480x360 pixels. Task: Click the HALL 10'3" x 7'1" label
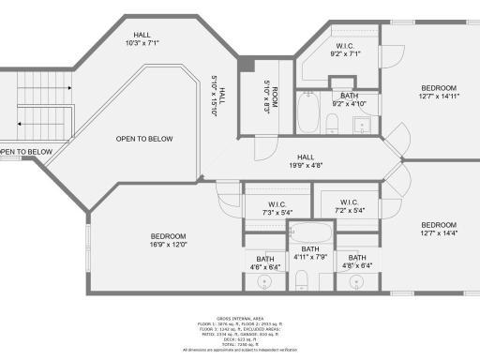[142, 37]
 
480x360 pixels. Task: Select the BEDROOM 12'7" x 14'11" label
[438, 91]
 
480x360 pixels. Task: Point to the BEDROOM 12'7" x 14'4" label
[438, 229]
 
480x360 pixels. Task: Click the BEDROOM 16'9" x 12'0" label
[169, 240]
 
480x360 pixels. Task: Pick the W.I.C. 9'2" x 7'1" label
[343, 50]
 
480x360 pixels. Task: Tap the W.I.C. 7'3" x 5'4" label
[277, 208]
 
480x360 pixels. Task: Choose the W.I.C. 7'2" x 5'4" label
[349, 206]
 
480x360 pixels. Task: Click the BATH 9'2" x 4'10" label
[349, 100]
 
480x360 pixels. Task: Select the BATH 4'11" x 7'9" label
[309, 253]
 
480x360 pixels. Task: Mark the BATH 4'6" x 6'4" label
[265, 262]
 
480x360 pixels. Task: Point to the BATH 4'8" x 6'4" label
[357, 262]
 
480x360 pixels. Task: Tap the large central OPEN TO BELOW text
[144, 139]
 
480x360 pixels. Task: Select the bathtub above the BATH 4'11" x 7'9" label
[309, 231]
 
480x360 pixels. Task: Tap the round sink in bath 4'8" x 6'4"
[357, 280]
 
